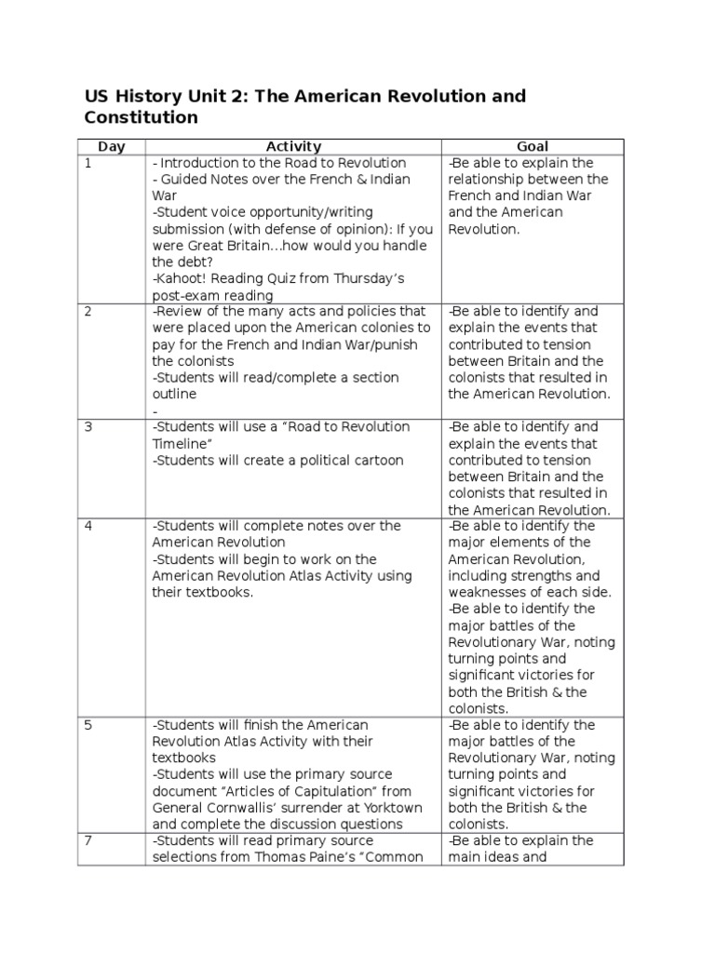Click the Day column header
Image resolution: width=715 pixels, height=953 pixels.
click(111, 146)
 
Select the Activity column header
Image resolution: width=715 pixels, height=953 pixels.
click(293, 146)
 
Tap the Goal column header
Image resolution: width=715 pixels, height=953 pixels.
click(532, 146)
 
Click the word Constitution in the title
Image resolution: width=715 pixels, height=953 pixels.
click(141, 118)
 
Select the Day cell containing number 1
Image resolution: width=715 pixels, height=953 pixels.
click(88, 163)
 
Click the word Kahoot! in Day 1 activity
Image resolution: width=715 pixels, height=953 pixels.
click(182, 279)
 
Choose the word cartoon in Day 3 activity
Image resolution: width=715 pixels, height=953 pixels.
click(379, 461)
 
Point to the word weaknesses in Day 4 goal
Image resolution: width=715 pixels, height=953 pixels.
click(483, 593)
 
